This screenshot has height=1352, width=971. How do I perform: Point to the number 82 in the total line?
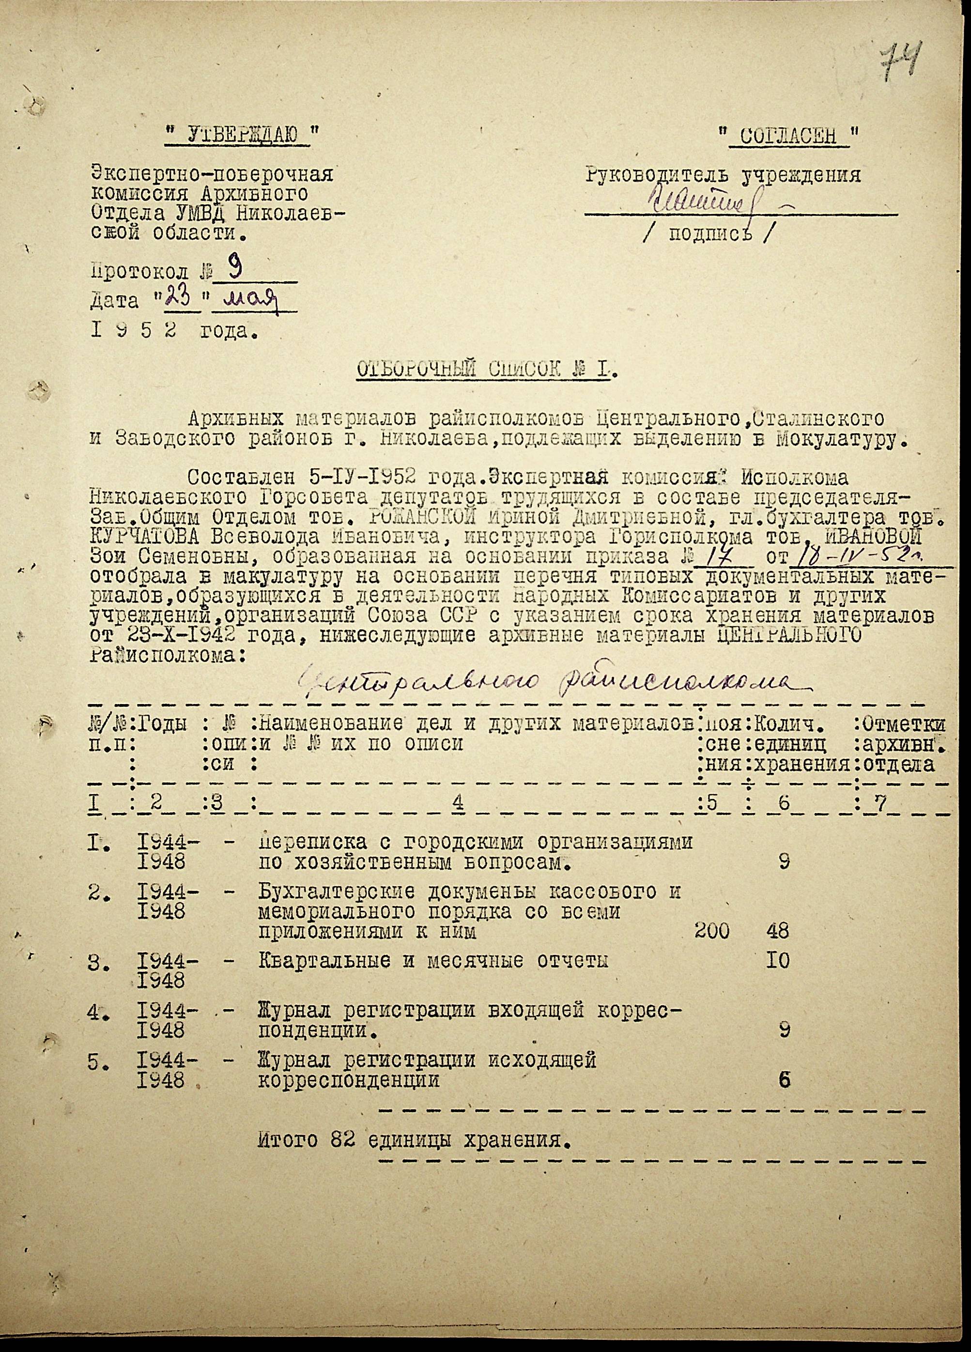343,1140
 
